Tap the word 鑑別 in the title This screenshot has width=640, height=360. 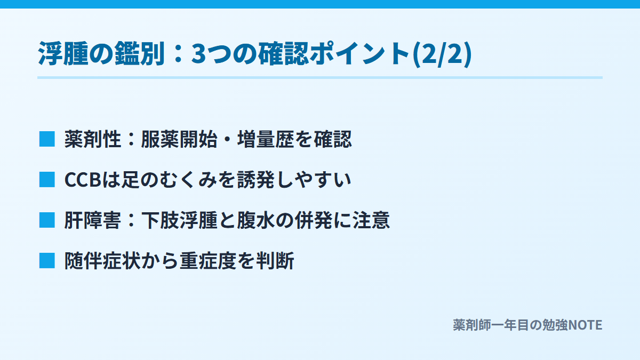[x=140, y=53]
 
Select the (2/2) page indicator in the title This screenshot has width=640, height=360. [x=443, y=54]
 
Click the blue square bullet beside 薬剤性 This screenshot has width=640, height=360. [x=47, y=139]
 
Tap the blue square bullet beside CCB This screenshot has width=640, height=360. [x=47, y=180]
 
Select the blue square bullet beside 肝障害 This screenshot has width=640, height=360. [x=47, y=220]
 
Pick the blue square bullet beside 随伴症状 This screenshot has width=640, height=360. [x=47, y=261]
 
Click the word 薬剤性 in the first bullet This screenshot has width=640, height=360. [x=93, y=139]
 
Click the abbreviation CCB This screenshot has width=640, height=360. [x=83, y=180]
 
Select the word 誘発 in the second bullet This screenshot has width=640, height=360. [x=256, y=180]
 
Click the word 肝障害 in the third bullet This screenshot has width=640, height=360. [x=93, y=220]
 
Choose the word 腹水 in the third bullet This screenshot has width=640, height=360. [x=256, y=220]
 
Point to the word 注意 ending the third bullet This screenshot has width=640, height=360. [x=371, y=220]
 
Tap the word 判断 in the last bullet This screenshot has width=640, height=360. [x=275, y=261]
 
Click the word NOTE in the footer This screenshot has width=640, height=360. [x=585, y=325]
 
